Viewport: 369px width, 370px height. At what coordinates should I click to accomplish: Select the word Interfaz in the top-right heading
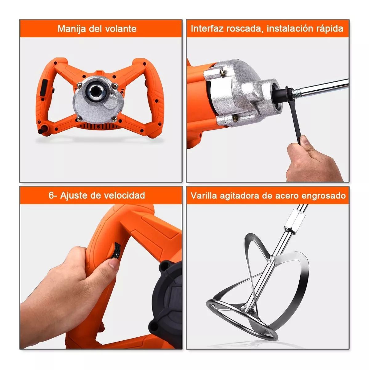207,28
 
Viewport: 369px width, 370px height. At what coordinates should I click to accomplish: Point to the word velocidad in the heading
124,195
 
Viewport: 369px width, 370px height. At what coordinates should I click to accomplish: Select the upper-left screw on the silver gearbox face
79,84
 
